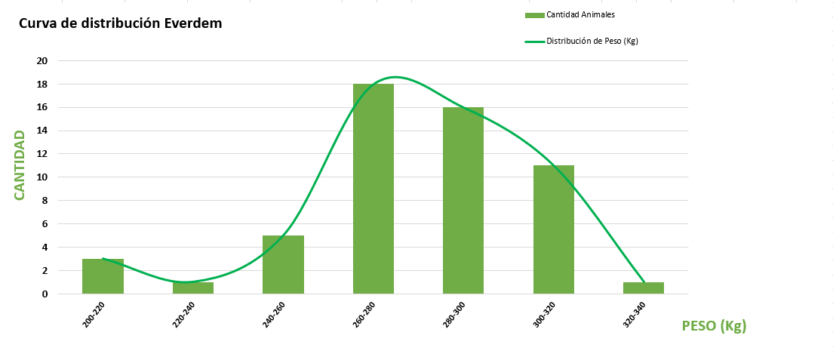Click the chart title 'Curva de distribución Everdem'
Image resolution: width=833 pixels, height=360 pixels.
click(x=120, y=23)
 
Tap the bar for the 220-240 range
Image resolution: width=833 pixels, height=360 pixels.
click(x=193, y=288)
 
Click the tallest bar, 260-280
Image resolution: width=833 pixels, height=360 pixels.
click(x=373, y=189)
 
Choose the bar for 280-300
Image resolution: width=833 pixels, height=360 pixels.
click(x=463, y=200)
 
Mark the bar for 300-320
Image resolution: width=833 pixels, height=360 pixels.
click(x=554, y=229)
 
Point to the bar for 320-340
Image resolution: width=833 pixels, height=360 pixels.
click(x=644, y=288)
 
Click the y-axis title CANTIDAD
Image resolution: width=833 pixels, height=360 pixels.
click(x=20, y=165)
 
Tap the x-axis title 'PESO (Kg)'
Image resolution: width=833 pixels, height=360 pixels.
click(x=714, y=326)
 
